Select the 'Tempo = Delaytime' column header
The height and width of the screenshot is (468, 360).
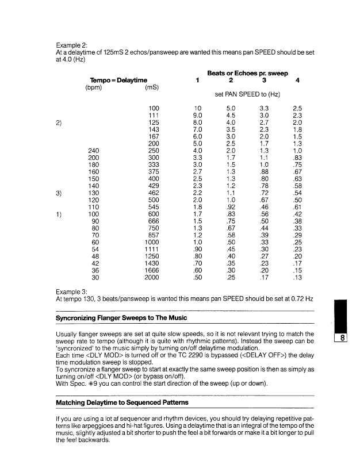(118, 79)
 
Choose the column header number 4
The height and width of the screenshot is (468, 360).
(297, 80)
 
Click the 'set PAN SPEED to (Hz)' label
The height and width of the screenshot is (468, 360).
(247, 93)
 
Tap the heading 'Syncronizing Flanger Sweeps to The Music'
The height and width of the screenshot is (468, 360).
(121, 318)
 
